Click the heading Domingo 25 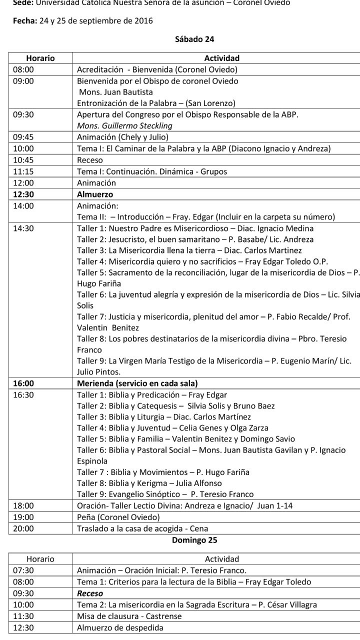coord(194,540)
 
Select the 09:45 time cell coord(23,137)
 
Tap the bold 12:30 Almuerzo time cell coord(23,194)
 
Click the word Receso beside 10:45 coord(90,160)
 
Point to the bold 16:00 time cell coord(23,383)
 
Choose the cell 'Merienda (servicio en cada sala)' coord(137,383)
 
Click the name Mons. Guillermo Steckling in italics coord(124,125)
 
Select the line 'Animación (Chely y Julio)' coord(122,137)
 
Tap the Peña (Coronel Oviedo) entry coord(118,517)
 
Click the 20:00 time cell coord(23,528)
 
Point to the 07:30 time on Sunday coord(23,570)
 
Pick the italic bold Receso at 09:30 coord(90,593)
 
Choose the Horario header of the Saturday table coord(40,58)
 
